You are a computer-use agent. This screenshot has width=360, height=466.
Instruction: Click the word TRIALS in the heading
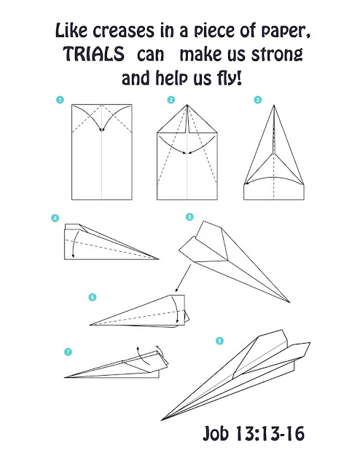pyautogui.click(x=93, y=54)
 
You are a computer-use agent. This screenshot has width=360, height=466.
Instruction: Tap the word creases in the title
pyautogui.click(x=123, y=31)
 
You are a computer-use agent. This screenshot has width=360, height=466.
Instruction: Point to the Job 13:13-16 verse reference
pyautogui.click(x=254, y=433)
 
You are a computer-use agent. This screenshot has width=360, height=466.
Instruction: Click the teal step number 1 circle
pyautogui.click(x=60, y=100)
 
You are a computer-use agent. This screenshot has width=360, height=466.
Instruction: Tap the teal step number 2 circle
pyautogui.click(x=171, y=100)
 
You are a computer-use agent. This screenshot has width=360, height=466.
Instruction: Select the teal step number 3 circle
pyautogui.click(x=258, y=100)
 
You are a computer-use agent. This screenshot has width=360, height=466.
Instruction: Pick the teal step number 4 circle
pyautogui.click(x=55, y=218)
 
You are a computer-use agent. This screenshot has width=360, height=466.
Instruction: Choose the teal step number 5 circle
pyautogui.click(x=189, y=217)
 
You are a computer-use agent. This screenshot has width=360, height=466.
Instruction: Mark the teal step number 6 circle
pyautogui.click(x=93, y=297)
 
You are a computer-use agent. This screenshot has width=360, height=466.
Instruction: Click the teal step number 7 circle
pyautogui.click(x=68, y=352)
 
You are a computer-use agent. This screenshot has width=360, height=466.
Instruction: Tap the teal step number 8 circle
pyautogui.click(x=219, y=341)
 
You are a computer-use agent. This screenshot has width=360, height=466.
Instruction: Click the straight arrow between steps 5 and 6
pyautogui.click(x=183, y=278)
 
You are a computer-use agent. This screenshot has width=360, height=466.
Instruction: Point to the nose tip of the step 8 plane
pyautogui.click(x=161, y=420)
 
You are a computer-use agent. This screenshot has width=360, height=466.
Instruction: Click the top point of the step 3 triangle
pyautogui.click(x=274, y=105)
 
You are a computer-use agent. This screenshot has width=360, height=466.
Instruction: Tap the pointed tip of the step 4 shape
pyautogui.click(x=159, y=259)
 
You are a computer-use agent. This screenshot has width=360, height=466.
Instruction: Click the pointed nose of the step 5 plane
pyautogui.click(x=289, y=302)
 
